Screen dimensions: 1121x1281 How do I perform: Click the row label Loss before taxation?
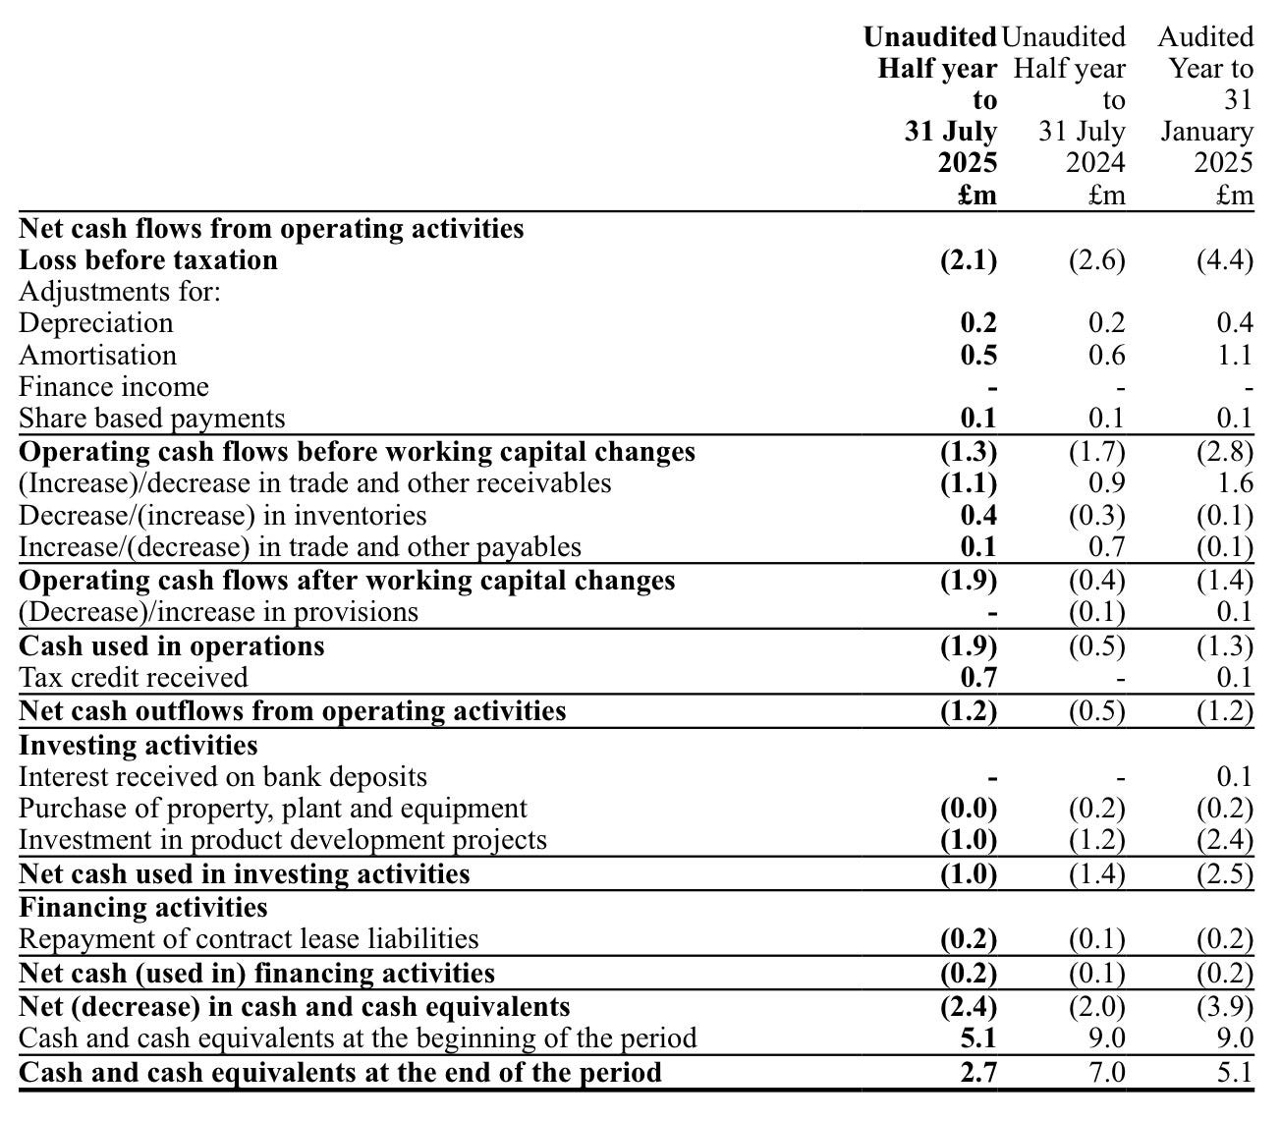tap(148, 260)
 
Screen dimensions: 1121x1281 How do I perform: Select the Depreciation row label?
tap(95, 323)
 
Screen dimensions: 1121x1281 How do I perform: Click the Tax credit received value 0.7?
tap(978, 677)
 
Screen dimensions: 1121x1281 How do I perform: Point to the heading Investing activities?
tap(138, 745)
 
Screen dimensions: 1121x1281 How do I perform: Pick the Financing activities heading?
tap(142, 907)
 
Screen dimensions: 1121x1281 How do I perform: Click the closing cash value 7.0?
tap(1106, 1071)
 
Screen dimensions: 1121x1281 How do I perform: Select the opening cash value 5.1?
tap(978, 1038)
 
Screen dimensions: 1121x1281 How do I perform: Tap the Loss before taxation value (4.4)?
tap(1224, 260)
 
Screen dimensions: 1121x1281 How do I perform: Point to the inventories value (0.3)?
tap(1096, 516)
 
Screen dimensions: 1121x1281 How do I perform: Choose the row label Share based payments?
tap(151, 419)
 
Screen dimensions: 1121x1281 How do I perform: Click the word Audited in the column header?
tap(1205, 37)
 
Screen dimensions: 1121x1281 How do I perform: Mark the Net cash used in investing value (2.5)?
tap(1224, 874)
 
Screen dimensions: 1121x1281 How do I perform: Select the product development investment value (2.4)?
tap(1224, 840)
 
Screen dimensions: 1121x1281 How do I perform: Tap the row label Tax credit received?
tap(133, 677)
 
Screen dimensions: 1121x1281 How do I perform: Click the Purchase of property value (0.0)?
tap(969, 809)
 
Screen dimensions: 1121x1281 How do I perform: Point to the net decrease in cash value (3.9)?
tap(1224, 1007)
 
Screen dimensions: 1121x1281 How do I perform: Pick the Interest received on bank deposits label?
tap(223, 777)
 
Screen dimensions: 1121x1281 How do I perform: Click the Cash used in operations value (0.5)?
tap(1096, 646)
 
